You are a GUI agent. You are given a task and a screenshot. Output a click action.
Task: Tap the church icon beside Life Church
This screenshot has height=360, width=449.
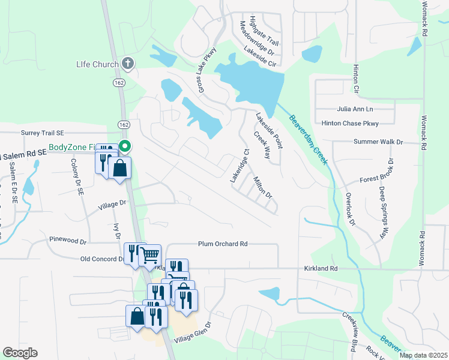point(127,62)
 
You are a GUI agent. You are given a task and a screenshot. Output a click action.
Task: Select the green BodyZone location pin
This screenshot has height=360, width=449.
point(125,146)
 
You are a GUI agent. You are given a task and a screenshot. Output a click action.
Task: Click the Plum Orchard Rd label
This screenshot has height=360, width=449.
point(223,244)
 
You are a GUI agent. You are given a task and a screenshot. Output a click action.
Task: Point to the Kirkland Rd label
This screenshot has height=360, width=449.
point(321,268)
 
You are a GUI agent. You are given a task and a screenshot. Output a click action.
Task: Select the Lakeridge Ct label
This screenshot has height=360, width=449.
point(239,166)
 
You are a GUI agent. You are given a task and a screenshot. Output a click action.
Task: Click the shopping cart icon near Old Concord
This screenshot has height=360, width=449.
point(150,255)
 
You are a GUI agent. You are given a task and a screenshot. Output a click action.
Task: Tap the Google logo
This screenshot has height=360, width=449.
point(20,353)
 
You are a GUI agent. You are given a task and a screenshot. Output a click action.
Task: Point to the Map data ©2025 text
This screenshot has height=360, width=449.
point(423,355)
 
